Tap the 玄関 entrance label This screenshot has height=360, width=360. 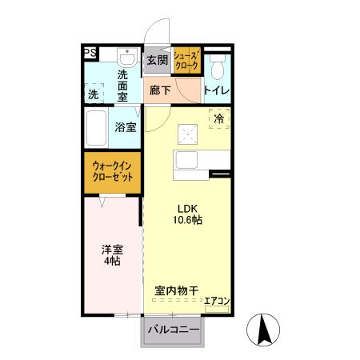point(158,59)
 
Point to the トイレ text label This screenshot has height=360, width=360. point(217,90)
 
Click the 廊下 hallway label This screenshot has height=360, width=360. point(160,90)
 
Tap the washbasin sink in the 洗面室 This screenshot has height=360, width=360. point(126,58)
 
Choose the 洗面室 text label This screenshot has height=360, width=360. point(122,85)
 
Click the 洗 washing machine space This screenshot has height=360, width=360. point(95,93)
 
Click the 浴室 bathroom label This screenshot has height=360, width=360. point(126,127)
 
